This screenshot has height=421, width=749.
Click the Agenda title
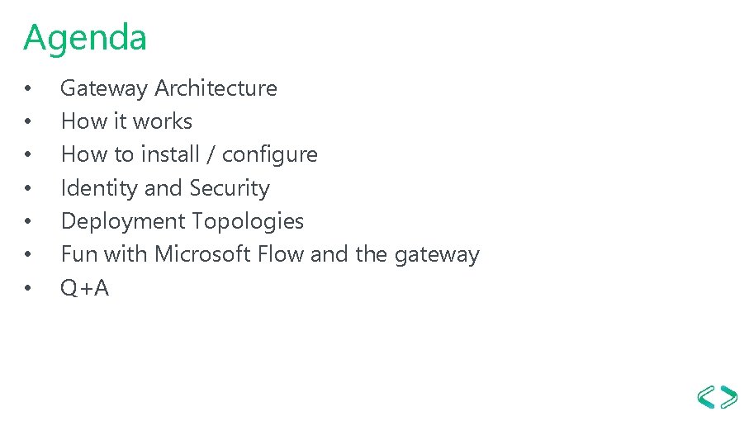click(x=85, y=38)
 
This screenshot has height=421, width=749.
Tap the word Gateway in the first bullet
click(x=105, y=88)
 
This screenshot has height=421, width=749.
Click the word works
click(x=163, y=121)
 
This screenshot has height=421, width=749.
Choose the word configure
click(x=269, y=155)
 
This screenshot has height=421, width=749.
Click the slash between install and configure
click(x=211, y=155)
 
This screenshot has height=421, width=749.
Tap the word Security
click(x=230, y=188)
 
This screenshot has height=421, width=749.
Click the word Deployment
click(x=123, y=222)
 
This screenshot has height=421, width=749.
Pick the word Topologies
click(x=248, y=222)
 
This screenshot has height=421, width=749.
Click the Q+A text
click(x=85, y=288)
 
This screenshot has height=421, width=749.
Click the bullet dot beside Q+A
click(x=28, y=289)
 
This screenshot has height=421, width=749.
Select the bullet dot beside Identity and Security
click(x=28, y=189)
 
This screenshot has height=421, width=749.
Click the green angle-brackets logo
click(x=717, y=396)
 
